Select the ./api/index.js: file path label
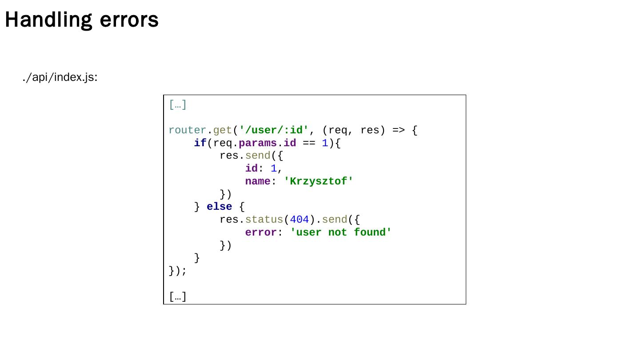point(60,77)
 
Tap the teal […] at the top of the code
point(178,105)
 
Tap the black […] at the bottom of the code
point(178,296)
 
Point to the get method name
point(222,130)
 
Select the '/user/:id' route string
point(273,130)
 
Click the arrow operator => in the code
point(398,130)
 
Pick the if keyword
point(200,143)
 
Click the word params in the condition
point(258,143)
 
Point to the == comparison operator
point(309,143)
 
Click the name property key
point(258,181)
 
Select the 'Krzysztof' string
point(318,181)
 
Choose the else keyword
point(219,207)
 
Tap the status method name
point(264,220)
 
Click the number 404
point(299,220)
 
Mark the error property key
point(261,232)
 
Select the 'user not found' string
point(340,232)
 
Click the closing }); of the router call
point(178,271)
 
